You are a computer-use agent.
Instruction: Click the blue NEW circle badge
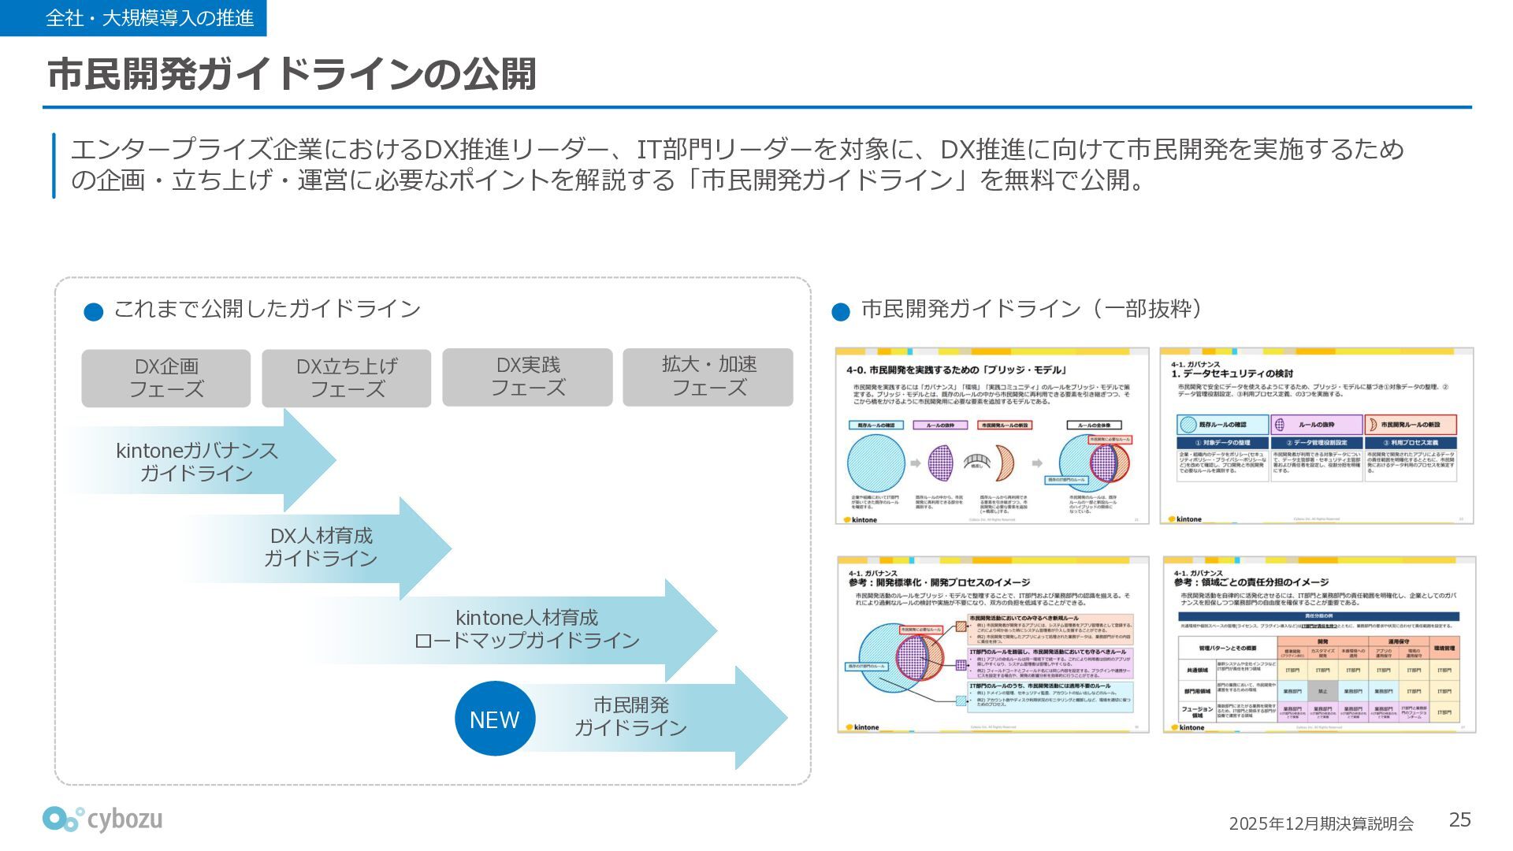[x=495, y=719]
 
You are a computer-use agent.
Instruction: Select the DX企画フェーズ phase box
[x=166, y=378]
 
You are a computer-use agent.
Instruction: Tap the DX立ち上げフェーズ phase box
[x=347, y=378]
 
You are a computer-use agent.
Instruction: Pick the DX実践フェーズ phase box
[x=527, y=377]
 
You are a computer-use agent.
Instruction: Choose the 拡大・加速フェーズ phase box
[x=708, y=377]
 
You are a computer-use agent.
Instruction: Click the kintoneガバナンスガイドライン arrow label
[x=197, y=462]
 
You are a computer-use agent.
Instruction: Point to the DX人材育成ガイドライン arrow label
[x=321, y=547]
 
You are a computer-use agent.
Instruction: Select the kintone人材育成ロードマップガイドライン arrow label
[x=526, y=629]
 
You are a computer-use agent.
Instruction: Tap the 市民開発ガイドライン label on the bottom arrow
[x=630, y=716]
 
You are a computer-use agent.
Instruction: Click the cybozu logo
[x=102, y=819]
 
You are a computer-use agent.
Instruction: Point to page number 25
[x=1459, y=820]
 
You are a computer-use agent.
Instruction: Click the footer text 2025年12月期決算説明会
[x=1321, y=823]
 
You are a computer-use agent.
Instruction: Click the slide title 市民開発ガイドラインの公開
[x=292, y=75]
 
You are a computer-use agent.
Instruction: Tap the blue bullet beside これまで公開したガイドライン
[x=94, y=312]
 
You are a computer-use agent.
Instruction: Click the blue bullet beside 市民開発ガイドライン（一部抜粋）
[x=841, y=312]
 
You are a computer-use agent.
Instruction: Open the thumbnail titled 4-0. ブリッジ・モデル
[x=992, y=436]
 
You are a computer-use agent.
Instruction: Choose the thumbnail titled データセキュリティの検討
[x=1316, y=436]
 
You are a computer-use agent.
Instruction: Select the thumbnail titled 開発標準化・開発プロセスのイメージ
[x=993, y=645]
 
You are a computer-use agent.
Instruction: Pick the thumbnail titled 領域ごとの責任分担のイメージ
[x=1318, y=645]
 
